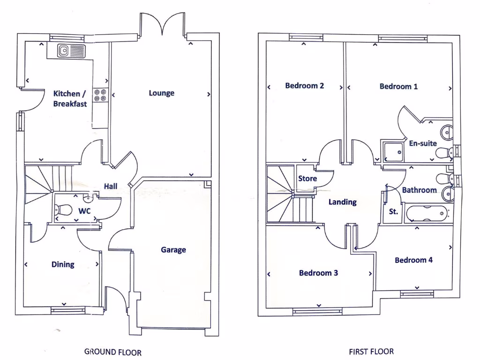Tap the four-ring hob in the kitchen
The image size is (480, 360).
tap(100, 95)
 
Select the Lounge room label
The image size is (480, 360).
tap(161, 93)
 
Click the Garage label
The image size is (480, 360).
tap(173, 250)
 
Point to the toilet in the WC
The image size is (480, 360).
tap(64, 210)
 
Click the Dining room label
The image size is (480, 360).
tap(63, 264)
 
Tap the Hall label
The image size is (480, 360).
tap(111, 186)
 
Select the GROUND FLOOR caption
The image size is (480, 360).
tap(112, 352)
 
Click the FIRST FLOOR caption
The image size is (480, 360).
tap(371, 351)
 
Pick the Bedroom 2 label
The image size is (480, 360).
tap(305, 86)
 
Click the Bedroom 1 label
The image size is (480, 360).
tap(398, 86)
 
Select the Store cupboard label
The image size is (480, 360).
tap(307, 179)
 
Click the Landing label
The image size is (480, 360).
tap(342, 202)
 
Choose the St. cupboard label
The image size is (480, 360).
tap(394, 211)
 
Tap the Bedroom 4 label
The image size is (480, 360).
tap(413, 260)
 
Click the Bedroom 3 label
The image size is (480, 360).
tap(319, 273)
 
